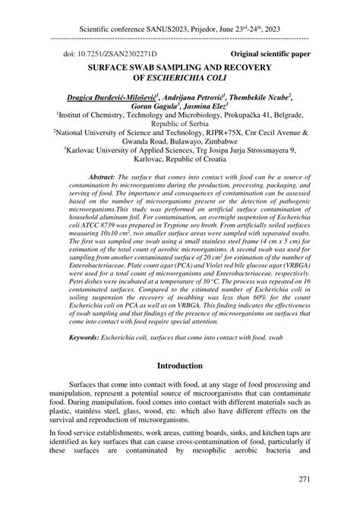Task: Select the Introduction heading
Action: [x=179, y=365]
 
